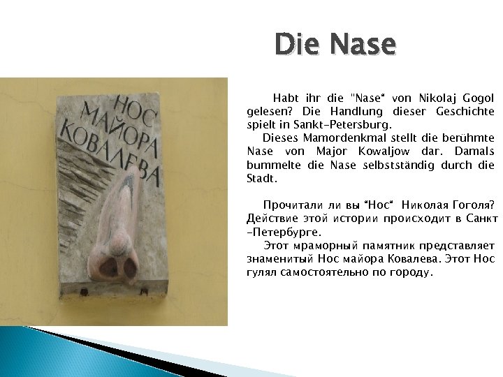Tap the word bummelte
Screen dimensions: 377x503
coord(270,165)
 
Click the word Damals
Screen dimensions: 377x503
coord(473,151)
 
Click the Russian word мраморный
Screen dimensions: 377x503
coord(326,246)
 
